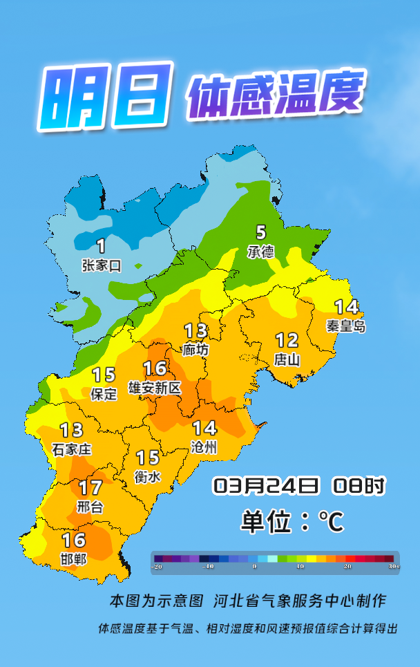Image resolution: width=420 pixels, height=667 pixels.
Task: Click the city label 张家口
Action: (x=101, y=265)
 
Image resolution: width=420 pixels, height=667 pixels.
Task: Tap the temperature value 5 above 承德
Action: (x=260, y=233)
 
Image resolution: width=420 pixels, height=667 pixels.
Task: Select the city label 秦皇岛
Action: (x=345, y=326)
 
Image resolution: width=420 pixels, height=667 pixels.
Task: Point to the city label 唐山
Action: (x=287, y=359)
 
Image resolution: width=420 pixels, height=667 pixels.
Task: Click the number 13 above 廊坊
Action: (x=195, y=331)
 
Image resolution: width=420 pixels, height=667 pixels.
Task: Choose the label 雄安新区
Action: (x=155, y=388)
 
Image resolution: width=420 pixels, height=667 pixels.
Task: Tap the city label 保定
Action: (x=104, y=394)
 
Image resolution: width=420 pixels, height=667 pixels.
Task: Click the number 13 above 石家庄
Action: (x=71, y=431)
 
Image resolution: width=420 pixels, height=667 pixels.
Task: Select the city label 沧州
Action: (x=204, y=447)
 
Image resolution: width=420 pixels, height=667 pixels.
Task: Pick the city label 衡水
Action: (x=147, y=476)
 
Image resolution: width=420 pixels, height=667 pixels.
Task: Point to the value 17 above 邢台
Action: (x=90, y=488)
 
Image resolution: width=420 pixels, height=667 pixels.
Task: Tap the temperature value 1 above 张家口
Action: (x=101, y=245)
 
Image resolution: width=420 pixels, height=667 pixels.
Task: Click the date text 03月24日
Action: (x=266, y=485)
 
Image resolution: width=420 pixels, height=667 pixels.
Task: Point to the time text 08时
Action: (x=359, y=485)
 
